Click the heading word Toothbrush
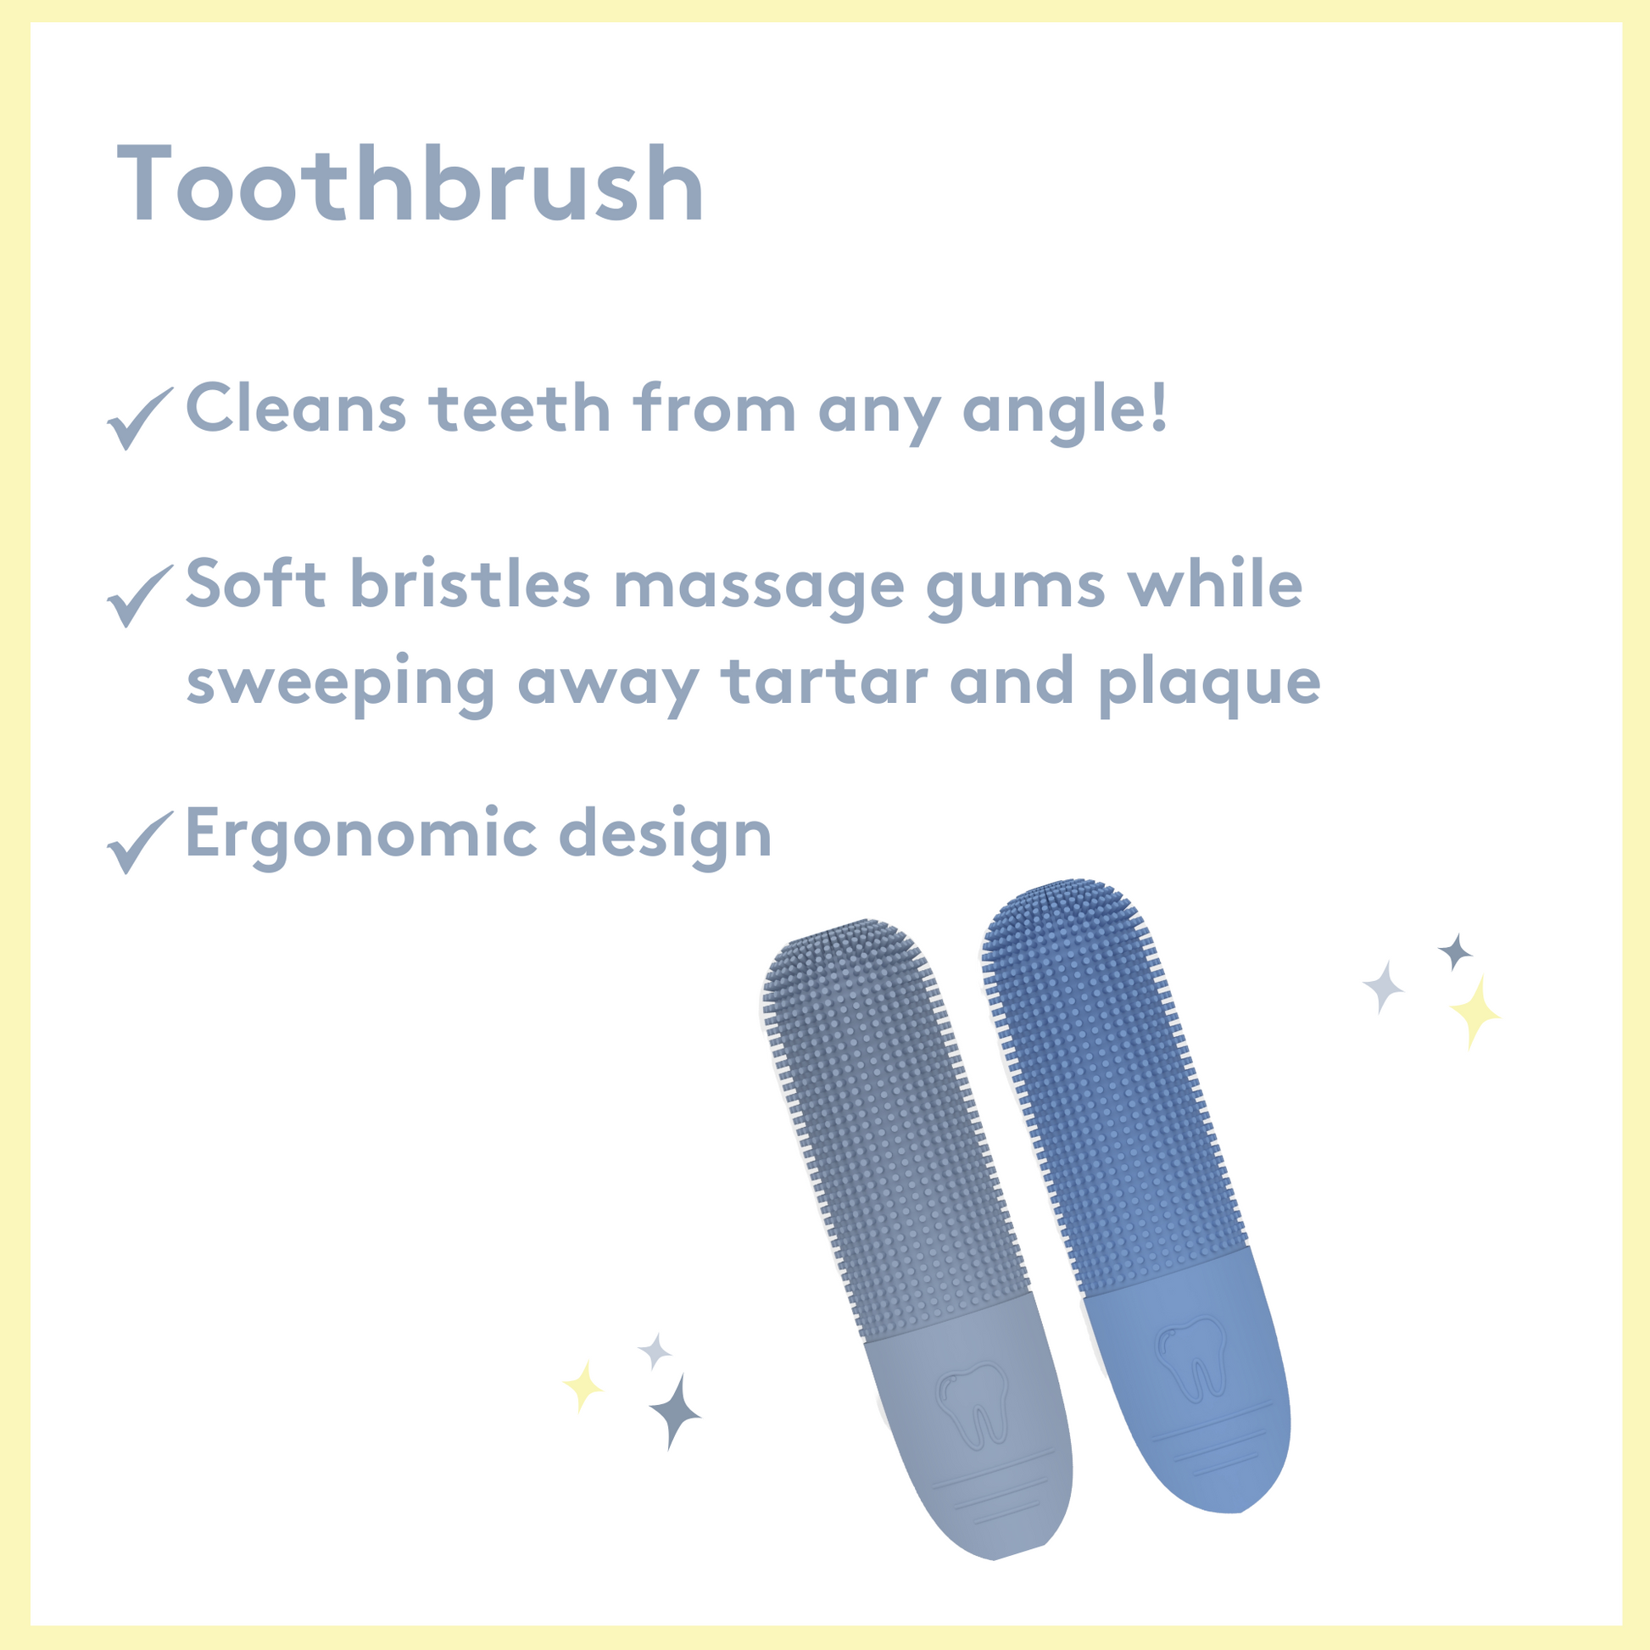tap(410, 184)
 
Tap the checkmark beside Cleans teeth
tap(139, 419)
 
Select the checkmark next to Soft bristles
tap(139, 596)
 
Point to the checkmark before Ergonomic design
tap(139, 842)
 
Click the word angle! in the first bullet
tap(1064, 411)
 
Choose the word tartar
tap(825, 682)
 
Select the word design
tap(666, 835)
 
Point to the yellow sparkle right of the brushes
tap(1475, 1012)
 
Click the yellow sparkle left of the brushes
tap(583, 1387)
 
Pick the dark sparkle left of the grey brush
tap(675, 1413)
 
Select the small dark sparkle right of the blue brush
tap(1455, 951)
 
